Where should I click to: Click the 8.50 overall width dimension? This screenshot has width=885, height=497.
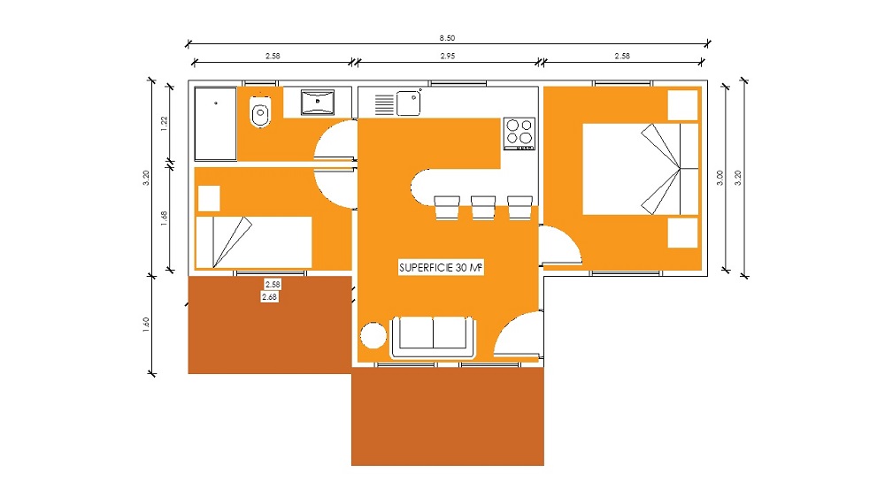tap(447, 38)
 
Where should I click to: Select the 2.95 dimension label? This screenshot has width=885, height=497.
tap(448, 56)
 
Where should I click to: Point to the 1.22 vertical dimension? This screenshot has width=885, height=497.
tap(165, 124)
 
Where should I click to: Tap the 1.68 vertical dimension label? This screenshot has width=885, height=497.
tap(165, 218)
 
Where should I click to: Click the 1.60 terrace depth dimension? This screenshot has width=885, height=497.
tap(146, 325)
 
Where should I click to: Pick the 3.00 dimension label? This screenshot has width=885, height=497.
tap(720, 178)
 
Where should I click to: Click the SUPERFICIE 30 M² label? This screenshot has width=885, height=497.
tap(441, 267)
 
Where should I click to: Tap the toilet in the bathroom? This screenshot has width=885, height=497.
tap(260, 111)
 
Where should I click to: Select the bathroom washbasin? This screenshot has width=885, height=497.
tap(317, 102)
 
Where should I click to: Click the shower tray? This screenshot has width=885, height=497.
tap(216, 124)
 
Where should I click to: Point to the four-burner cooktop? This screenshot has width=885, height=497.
tap(519, 134)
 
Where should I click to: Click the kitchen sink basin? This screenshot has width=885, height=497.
tap(408, 103)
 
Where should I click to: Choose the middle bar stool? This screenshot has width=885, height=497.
tap(483, 208)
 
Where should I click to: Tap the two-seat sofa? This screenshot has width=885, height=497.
tap(434, 337)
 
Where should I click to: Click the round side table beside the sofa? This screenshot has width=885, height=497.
tap(373, 335)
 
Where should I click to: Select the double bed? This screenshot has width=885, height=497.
tap(641, 169)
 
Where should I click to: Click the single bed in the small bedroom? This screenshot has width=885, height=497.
tap(254, 242)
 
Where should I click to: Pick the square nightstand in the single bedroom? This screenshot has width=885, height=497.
tap(209, 198)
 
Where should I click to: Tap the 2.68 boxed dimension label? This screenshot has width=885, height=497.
tap(269, 297)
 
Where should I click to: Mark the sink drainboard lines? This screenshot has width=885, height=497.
tap(384, 104)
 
